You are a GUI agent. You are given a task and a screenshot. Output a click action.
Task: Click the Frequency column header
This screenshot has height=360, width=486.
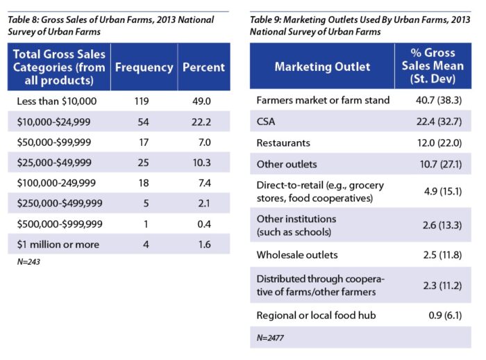point(144,67)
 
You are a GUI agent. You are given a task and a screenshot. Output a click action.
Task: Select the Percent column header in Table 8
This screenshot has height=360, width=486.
point(203,67)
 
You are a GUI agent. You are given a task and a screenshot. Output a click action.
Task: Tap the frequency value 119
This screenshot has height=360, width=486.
point(144,101)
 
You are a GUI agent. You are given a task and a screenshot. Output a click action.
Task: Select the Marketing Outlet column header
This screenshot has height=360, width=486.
point(322,67)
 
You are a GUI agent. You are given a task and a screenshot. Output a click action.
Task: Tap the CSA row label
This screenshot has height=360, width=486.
point(267,122)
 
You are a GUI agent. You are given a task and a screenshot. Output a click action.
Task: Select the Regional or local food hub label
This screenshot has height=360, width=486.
point(316,316)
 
